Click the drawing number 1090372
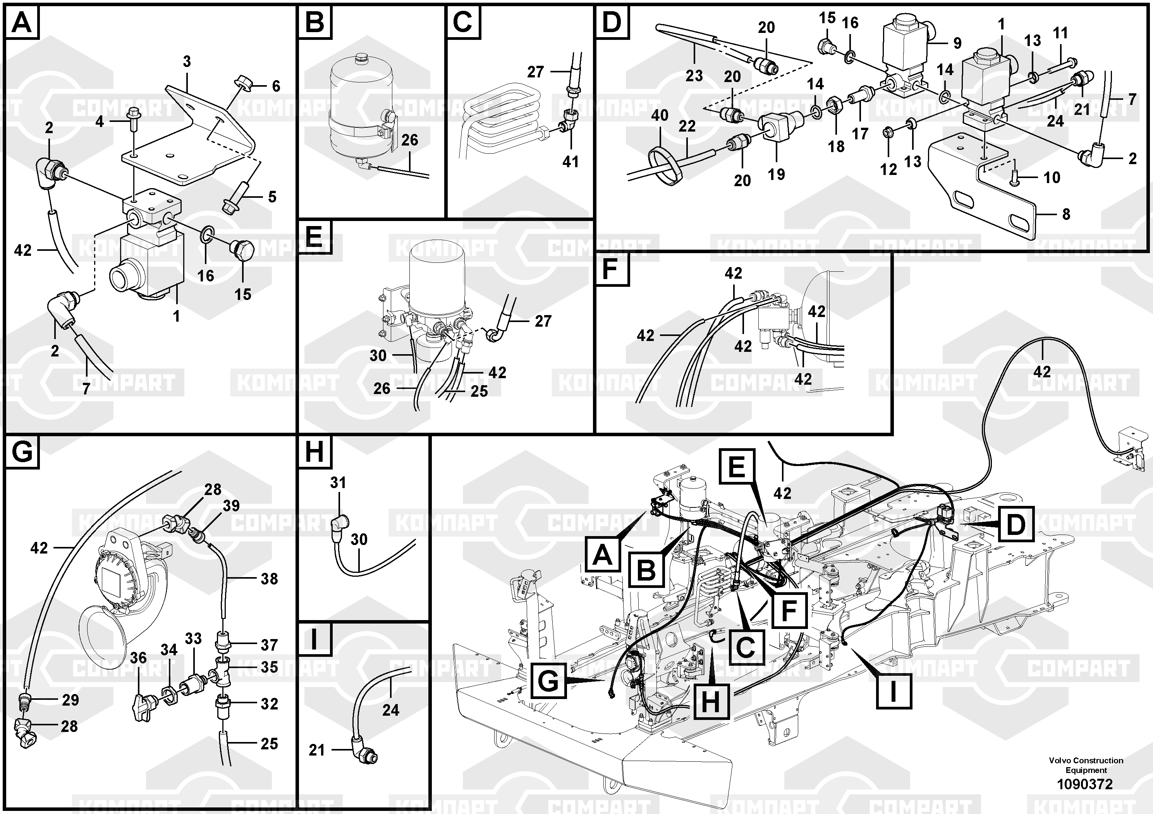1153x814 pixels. coord(1085,784)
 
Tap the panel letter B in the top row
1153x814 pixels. coord(315,22)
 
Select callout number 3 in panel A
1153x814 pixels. coord(187,62)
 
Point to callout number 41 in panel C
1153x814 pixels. coord(570,161)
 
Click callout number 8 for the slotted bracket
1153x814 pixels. coord(1066,214)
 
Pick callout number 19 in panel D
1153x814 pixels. coord(777,174)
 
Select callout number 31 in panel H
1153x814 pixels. coord(338,483)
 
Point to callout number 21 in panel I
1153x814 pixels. coord(316,750)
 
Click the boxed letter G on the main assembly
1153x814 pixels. coord(548,681)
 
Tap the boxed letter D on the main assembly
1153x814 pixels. coord(1016,524)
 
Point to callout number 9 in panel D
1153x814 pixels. coord(957,43)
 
